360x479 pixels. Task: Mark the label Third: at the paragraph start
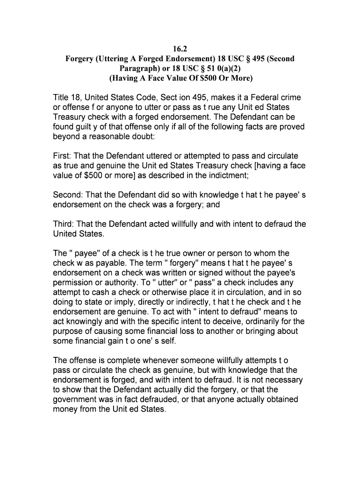65,224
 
